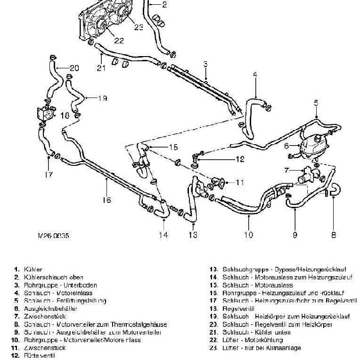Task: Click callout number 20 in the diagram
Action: [x=74, y=68]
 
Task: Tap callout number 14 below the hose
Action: [x=163, y=235]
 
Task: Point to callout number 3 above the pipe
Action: [x=205, y=64]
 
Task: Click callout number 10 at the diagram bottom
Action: [x=248, y=234]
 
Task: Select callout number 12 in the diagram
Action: [x=239, y=159]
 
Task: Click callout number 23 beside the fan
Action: [x=138, y=27]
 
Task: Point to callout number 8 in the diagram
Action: [x=333, y=234]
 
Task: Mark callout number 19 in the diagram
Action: [x=102, y=98]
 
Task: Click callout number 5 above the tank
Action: [x=316, y=103]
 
